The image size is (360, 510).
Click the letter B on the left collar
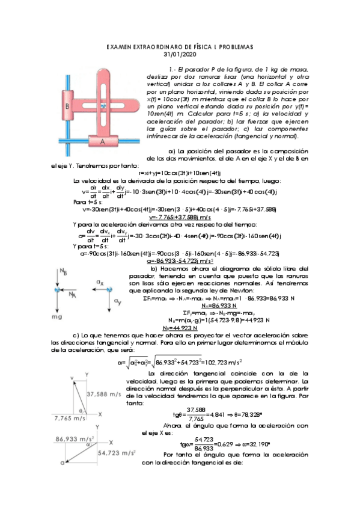[69, 106]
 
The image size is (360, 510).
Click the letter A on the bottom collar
[102, 141]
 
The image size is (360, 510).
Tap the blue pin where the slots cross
[103, 106]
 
